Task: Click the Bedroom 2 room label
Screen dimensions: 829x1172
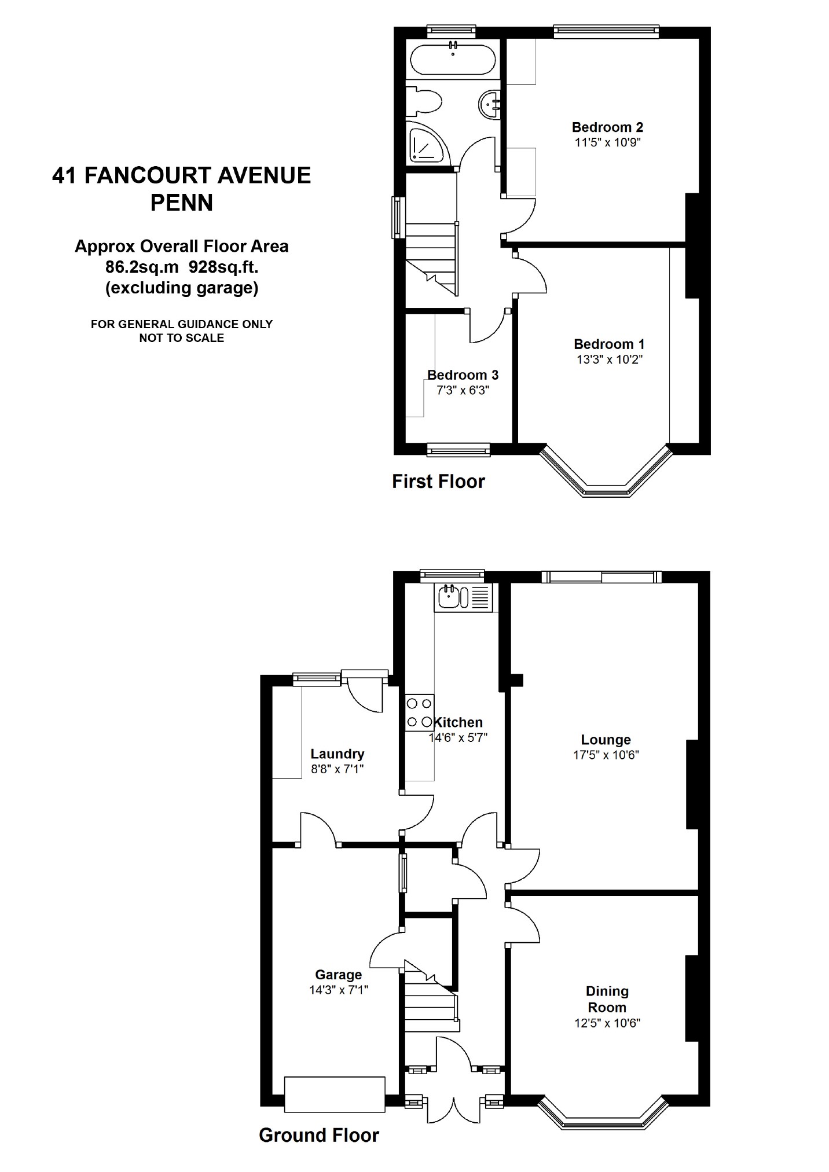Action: (x=607, y=127)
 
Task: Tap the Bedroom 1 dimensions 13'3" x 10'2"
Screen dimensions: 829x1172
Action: (x=610, y=359)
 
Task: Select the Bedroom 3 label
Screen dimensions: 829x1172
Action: (x=463, y=375)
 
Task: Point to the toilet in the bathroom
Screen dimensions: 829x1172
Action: (x=424, y=102)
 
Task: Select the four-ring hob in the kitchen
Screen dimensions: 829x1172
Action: (x=420, y=712)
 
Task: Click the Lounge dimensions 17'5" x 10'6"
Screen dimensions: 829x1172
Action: (x=606, y=755)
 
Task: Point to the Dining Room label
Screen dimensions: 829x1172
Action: (x=607, y=1000)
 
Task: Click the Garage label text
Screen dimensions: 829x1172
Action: (x=339, y=975)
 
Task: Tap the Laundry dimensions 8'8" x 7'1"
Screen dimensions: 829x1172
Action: (x=338, y=769)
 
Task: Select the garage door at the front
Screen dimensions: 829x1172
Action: (x=335, y=1094)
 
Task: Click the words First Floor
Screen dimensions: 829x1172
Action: (x=438, y=482)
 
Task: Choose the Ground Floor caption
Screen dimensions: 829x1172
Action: (x=319, y=1136)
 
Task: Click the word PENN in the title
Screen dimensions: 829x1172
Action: (x=182, y=203)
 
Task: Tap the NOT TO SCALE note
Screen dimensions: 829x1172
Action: (x=182, y=338)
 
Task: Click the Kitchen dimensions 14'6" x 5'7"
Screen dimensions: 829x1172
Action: (x=458, y=738)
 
